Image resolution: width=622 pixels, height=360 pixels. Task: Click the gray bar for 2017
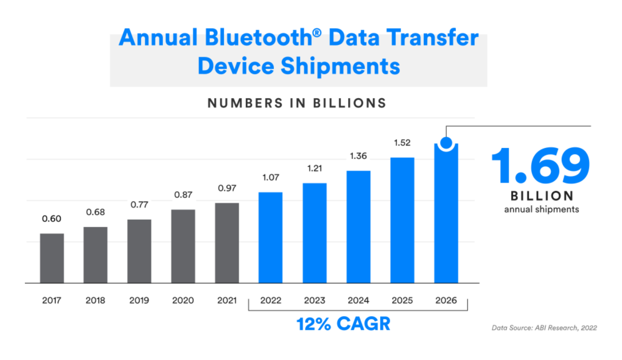click(x=52, y=258)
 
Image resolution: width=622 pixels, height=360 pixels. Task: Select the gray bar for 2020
click(x=183, y=246)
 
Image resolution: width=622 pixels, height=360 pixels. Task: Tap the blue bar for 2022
click(x=271, y=238)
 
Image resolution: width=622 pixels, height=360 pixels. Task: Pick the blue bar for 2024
click(x=358, y=227)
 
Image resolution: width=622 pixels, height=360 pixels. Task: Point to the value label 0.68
click(x=95, y=212)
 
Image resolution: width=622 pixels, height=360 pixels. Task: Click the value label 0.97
click(x=227, y=188)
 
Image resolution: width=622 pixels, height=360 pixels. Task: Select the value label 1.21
click(x=314, y=168)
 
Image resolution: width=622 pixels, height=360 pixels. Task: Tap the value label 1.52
click(x=402, y=143)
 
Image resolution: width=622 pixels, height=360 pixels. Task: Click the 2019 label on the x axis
click(x=139, y=300)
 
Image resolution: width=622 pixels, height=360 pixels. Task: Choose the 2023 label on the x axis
click(x=314, y=300)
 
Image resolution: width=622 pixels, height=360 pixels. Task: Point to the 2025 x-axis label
click(x=402, y=300)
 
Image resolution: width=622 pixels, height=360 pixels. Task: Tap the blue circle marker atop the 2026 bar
click(x=446, y=143)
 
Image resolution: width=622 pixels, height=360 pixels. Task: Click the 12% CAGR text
click(x=343, y=323)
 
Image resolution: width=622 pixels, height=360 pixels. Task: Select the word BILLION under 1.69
click(x=542, y=196)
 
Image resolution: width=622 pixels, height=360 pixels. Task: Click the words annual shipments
click(x=542, y=209)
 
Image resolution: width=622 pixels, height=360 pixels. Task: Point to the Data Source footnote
click(x=544, y=328)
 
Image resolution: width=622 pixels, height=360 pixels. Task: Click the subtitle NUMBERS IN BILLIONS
click(x=297, y=103)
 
